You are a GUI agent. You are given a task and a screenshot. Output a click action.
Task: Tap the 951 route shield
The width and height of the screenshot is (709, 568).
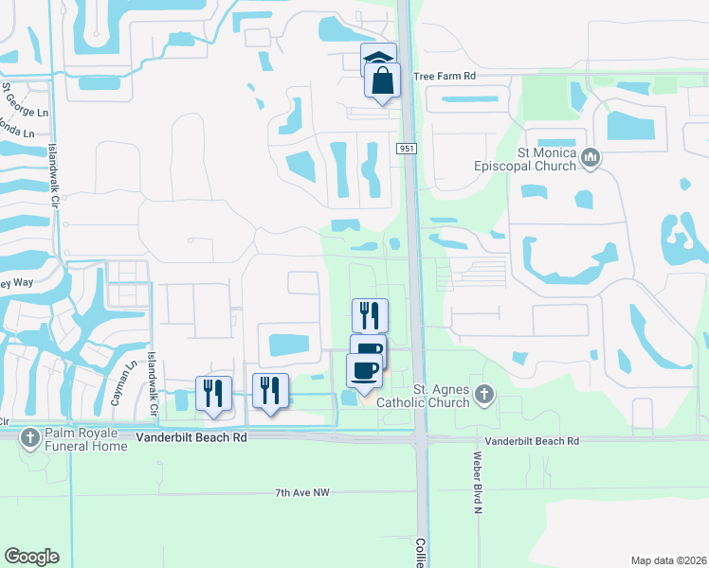click(407, 149)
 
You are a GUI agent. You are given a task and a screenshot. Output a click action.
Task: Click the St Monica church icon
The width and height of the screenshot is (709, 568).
click(591, 156)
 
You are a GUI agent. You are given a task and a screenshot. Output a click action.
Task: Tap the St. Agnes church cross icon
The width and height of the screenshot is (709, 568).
click(484, 394)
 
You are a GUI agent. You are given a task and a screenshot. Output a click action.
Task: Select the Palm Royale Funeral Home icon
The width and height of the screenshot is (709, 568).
click(31, 438)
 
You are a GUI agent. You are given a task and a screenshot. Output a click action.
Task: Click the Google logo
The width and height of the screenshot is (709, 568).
click(31, 557)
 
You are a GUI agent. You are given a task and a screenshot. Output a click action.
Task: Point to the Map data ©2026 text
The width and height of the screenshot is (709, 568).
click(668, 560)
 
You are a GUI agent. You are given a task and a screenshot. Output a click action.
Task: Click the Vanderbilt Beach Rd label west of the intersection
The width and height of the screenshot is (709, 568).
click(191, 438)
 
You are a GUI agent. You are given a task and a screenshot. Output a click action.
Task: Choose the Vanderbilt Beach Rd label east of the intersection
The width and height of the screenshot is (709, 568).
click(532, 441)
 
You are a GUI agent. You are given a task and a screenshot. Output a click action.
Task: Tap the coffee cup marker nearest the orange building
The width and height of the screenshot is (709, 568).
click(364, 370)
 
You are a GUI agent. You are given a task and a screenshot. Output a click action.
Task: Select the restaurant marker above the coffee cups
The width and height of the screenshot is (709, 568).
click(371, 315)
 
